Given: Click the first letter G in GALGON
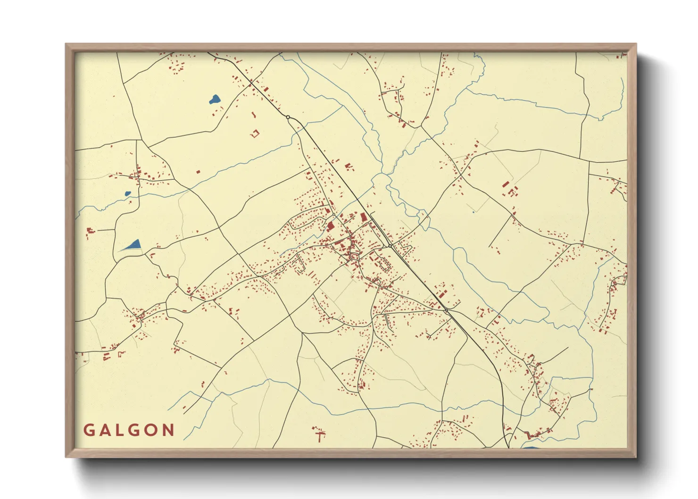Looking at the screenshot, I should pyautogui.click(x=88, y=430).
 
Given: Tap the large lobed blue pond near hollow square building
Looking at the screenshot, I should pyautogui.click(x=214, y=99).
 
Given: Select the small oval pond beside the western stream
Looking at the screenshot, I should pyautogui.click(x=127, y=193).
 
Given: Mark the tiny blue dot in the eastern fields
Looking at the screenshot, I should pyautogui.click(x=474, y=212).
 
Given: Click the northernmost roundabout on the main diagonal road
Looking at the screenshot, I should pyautogui.click(x=288, y=117).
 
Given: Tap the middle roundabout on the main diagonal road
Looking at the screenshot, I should pyautogui.click(x=390, y=246).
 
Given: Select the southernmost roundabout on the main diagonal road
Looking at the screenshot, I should pyautogui.click(x=446, y=310).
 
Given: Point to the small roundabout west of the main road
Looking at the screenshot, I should pyautogui.click(x=334, y=215).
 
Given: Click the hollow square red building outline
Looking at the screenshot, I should pyautogui.click(x=255, y=133).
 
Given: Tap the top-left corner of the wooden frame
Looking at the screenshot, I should pyautogui.click(x=66, y=44).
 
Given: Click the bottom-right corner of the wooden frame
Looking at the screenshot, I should pyautogui.click(x=636, y=457).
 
